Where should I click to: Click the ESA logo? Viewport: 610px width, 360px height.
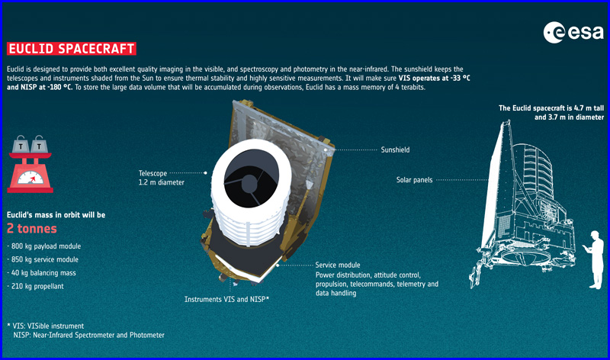pos(573,32)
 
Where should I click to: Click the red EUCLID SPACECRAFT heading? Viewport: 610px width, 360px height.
pos(72,49)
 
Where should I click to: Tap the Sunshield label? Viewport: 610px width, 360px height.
pos(395,149)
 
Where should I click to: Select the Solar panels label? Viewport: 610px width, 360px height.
pos(414,180)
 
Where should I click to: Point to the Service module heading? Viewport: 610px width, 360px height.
pos(338,265)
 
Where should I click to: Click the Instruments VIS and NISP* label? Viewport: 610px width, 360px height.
pos(226,299)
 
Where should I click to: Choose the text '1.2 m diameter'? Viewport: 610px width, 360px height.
pos(162,182)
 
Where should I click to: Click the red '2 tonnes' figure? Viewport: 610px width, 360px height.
pos(32,229)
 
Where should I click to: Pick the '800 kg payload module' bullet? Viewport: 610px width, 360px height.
pos(44,246)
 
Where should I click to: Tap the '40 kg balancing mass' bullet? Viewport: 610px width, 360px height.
pos(42,273)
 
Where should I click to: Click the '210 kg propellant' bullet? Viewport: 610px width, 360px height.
pos(35,286)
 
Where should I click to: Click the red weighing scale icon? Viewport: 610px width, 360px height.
pos(30,164)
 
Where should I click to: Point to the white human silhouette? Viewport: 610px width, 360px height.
pos(594,259)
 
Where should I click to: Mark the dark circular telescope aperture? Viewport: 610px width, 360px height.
pos(251,178)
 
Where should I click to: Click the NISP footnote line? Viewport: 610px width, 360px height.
pos(88,335)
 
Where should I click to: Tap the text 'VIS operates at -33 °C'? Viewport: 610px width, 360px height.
pos(434,79)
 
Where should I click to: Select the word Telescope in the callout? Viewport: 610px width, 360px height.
pos(153,173)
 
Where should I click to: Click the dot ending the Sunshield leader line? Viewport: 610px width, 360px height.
pos(326,149)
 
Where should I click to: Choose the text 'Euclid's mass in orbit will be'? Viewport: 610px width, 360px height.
pos(56,215)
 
